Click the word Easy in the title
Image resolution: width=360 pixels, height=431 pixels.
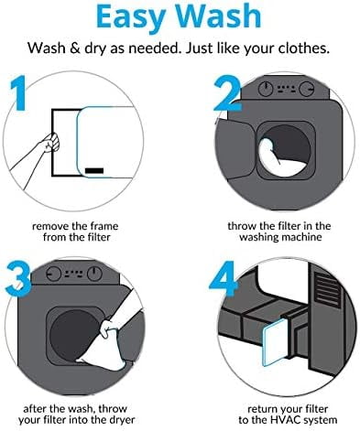(131, 17)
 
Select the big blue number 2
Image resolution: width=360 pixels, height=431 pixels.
(227, 93)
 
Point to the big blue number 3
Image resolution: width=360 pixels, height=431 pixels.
(18, 277)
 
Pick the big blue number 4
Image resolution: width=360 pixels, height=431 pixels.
(224, 279)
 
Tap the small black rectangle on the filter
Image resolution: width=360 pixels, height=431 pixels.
(94, 170)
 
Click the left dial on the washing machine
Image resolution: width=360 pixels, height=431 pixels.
(266, 89)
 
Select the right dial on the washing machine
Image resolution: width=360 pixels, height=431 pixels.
(307, 89)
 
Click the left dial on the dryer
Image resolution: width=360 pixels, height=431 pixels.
(53, 274)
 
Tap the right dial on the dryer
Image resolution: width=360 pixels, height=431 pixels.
(94, 274)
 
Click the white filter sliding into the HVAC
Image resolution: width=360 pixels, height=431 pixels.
(275, 341)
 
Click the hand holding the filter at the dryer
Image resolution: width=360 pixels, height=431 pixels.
(108, 329)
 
